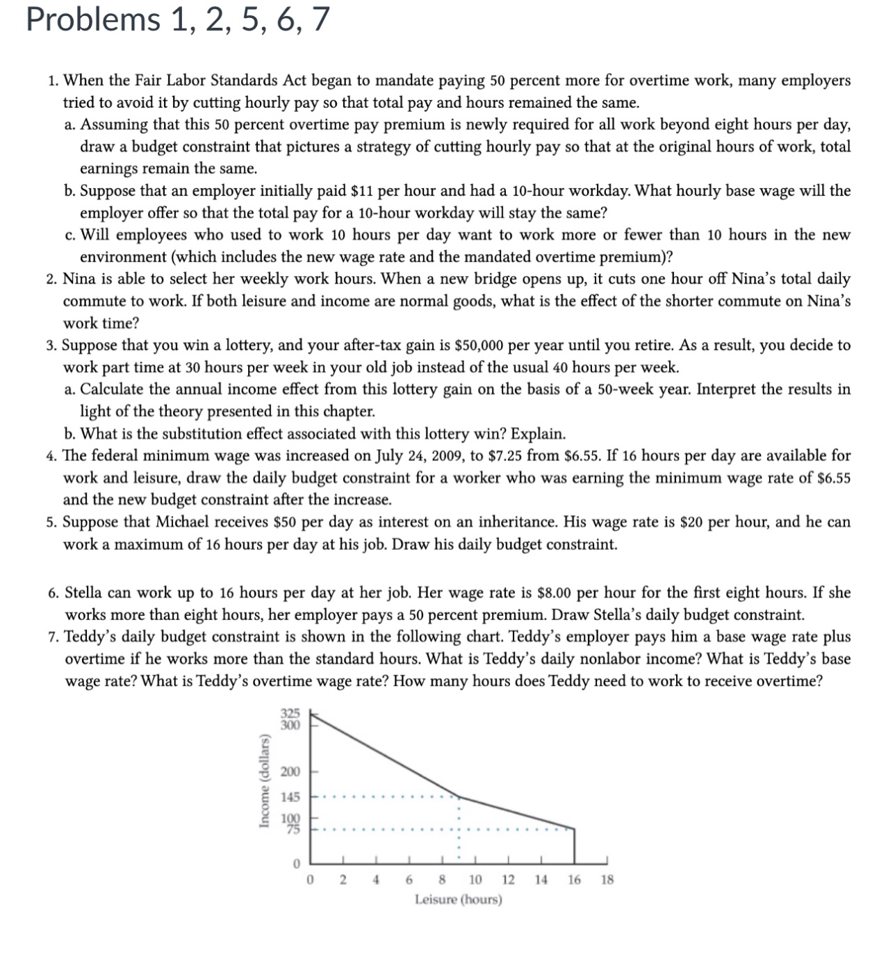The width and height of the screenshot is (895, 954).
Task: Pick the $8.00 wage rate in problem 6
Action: (555, 592)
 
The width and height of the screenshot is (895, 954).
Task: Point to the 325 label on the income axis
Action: (290, 713)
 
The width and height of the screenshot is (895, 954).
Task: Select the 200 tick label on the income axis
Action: (290, 771)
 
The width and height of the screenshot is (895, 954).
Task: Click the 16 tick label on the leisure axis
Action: (574, 880)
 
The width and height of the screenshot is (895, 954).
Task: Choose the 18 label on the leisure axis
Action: (607, 880)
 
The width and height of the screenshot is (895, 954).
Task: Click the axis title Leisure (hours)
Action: (458, 900)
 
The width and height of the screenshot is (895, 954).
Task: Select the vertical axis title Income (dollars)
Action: (264, 771)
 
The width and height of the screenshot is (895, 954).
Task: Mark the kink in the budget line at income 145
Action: (458, 796)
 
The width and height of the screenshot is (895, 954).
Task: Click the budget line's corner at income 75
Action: (574, 828)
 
